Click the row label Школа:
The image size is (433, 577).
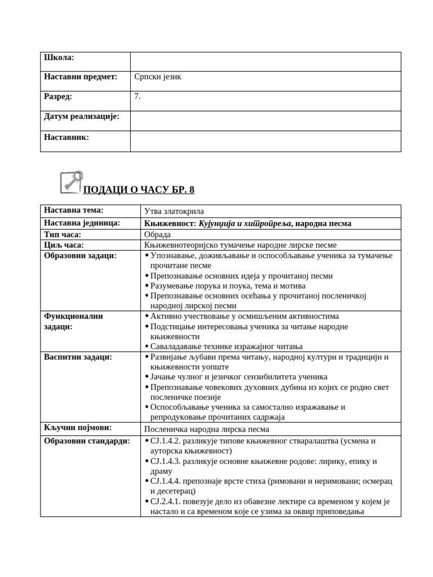(59, 57)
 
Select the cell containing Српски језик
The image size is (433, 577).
(158, 77)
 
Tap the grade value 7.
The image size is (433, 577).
(138, 96)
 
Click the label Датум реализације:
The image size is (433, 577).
(82, 117)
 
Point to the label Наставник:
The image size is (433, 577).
(67, 137)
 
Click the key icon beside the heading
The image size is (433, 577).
(71, 182)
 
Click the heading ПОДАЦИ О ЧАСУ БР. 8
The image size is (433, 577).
(139, 190)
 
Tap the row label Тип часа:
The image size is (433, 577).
(63, 234)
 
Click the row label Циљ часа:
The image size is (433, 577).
(64, 245)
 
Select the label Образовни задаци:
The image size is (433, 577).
(80, 256)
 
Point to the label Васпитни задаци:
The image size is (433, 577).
(78, 357)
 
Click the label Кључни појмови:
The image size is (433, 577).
(78, 428)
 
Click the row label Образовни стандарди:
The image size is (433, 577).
(87, 441)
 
